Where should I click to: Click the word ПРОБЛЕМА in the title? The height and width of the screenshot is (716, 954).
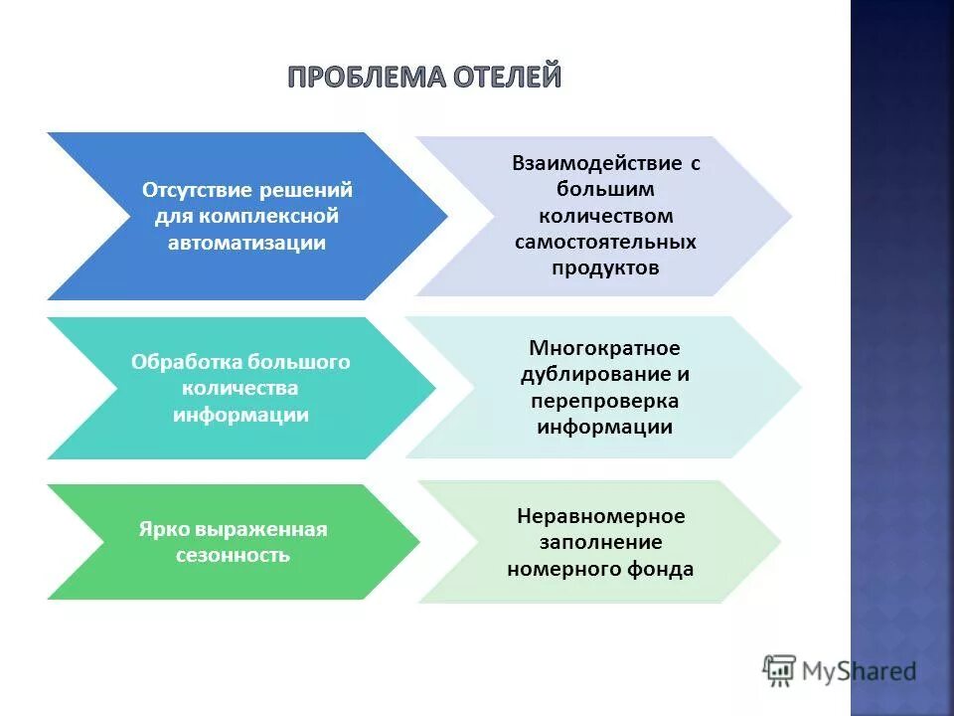coord(355,78)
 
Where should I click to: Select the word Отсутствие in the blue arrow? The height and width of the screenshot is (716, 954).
coord(197,189)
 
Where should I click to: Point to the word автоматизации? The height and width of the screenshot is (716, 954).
coord(247,243)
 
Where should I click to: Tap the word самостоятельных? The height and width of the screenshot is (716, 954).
coord(605,242)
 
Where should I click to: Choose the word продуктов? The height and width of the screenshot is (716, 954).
coord(605,268)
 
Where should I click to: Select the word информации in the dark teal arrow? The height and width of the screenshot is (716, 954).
coord(240,415)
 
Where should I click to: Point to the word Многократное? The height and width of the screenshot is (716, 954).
coord(604,348)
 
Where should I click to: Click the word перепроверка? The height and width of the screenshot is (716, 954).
coord(605,401)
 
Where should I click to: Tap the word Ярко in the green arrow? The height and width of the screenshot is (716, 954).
coord(159,529)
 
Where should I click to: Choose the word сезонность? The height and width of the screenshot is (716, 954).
coord(233,555)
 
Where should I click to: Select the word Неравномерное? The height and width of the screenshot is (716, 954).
coord(600,517)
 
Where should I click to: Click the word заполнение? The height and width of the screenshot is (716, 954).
coord(600,543)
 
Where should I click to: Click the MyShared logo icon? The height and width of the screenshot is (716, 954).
coord(780,669)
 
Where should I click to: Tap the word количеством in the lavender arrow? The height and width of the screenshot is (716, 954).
coord(605,216)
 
